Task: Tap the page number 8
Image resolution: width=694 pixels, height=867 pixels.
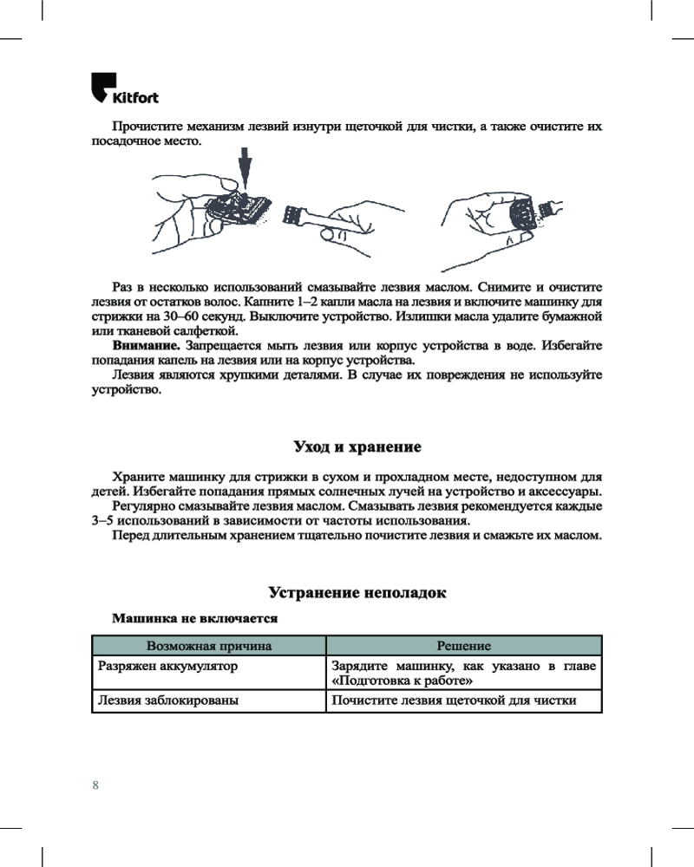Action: point(95,785)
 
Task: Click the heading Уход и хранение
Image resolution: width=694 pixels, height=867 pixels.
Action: point(357,447)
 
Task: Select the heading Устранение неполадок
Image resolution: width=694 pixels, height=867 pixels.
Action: point(357,593)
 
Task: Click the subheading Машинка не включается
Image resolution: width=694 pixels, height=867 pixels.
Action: point(194,619)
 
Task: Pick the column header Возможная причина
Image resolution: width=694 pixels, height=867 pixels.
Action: point(209,646)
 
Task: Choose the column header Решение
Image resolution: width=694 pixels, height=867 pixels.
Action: point(463,646)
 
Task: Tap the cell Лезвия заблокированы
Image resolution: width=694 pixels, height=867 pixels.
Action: point(168,700)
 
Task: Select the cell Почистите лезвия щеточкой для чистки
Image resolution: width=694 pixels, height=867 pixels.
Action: point(455,700)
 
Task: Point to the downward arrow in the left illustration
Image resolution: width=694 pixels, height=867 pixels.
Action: point(246,168)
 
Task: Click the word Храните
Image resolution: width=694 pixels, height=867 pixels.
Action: point(138,476)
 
